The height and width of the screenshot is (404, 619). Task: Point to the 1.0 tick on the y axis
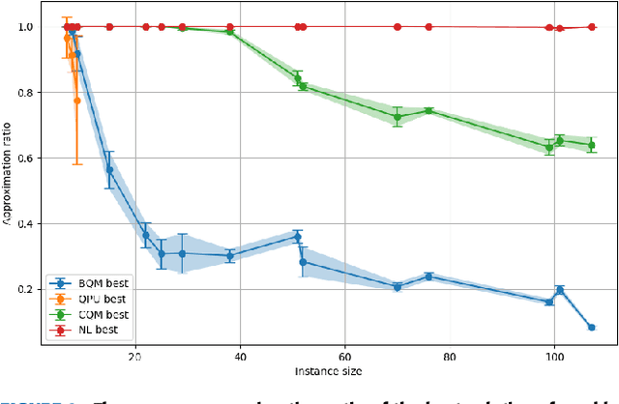[x=36, y=27]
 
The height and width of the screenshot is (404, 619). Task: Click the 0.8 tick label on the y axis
[x=36, y=93]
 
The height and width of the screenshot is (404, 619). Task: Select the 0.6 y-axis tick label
[x=36, y=159]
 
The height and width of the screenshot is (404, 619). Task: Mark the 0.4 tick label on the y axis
[x=36, y=224]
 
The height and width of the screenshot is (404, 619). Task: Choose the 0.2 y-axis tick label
[x=36, y=290]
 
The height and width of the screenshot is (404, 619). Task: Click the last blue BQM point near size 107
[x=591, y=328]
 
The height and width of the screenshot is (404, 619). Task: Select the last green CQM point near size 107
[x=591, y=145]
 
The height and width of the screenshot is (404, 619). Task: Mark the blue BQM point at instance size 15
[x=110, y=170]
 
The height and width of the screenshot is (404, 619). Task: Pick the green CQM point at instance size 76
[x=428, y=111]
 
